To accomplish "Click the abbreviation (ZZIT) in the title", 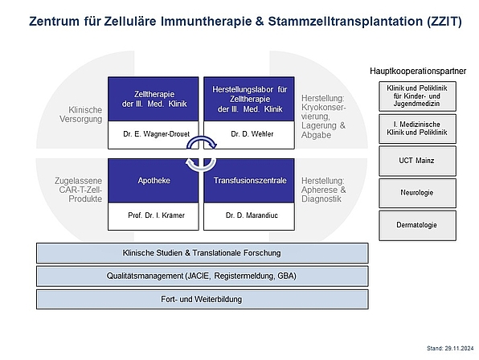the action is pos(442,22).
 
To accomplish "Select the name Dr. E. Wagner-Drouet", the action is pos(157,133).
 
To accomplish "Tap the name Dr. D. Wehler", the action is pos(252,133).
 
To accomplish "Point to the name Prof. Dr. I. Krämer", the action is pos(157,215).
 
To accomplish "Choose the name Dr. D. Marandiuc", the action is pos(252,215).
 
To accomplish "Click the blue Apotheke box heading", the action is pos(154,181).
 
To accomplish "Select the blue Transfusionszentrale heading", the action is pos(249,181).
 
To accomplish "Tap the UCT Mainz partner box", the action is pos(417,161).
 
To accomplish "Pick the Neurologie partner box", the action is pos(417,193).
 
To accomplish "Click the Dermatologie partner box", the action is pos(417,225).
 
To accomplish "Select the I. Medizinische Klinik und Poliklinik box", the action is pos(417,129).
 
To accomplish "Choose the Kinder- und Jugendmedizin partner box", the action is pos(417,96).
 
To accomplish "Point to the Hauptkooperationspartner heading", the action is pos(418,72).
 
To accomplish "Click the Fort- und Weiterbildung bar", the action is pos(203,299).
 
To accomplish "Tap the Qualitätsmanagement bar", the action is pos(203,276).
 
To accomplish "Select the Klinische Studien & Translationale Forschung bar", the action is pos(203,253).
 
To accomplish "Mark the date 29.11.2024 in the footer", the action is pos(459,348).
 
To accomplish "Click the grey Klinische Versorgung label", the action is pos(81,114).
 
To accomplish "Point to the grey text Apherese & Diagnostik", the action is pos(324,194).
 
